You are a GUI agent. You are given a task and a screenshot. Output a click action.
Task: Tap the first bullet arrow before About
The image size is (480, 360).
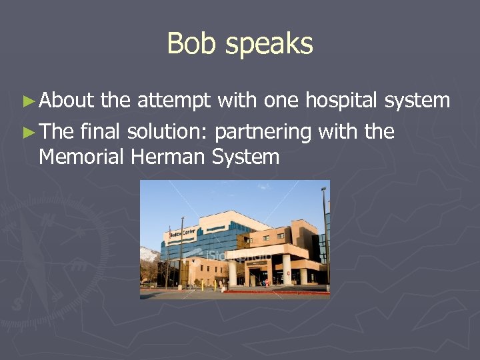pyautogui.click(x=27, y=102)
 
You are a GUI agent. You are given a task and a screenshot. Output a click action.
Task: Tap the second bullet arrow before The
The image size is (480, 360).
pyautogui.click(x=27, y=133)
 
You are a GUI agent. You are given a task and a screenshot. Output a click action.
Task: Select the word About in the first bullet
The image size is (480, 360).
pyautogui.click(x=67, y=101)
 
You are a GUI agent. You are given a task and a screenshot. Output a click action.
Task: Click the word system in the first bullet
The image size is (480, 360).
pyautogui.click(x=418, y=101)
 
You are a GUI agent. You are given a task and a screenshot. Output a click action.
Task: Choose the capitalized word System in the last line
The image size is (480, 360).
pyautogui.click(x=245, y=157)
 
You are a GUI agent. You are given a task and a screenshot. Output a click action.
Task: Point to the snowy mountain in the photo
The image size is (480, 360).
pyautogui.click(x=149, y=253)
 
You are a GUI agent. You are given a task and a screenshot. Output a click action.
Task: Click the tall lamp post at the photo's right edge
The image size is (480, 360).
pyautogui.click(x=325, y=233)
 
